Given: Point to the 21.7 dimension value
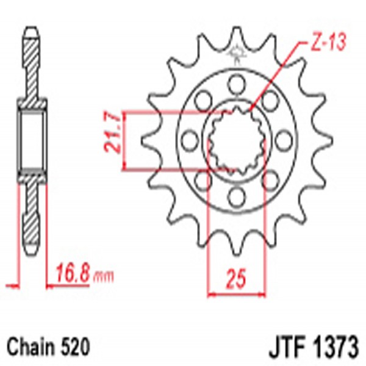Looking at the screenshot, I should pyautogui.click(x=110, y=141).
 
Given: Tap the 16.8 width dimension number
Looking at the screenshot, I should pyautogui.click(x=73, y=270).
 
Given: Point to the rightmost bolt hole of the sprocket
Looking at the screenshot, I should pyautogui.click(x=282, y=139).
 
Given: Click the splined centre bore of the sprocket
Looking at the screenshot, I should pyautogui.click(x=236, y=140).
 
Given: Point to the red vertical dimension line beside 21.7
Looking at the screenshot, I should pyautogui.click(x=124, y=140).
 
